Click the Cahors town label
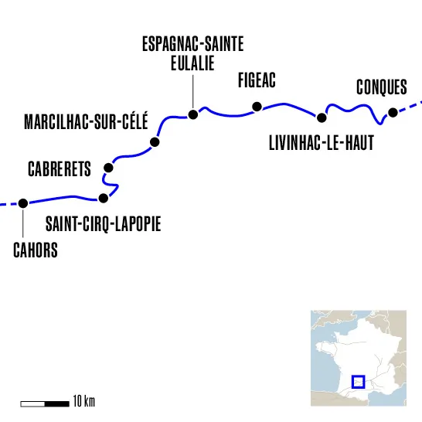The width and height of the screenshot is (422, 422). [36, 250]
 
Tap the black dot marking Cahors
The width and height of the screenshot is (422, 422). [23, 203]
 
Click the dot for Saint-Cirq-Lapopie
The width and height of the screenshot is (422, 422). [104, 198]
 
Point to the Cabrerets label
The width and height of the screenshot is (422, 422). [60, 168]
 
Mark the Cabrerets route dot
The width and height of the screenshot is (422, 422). [108, 168]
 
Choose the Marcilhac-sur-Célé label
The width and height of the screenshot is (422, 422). [86, 122]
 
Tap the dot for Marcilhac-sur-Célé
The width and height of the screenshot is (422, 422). [155, 143]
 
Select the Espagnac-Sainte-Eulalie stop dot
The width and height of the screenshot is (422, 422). [193, 115]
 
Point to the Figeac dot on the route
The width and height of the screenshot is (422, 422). [257, 107]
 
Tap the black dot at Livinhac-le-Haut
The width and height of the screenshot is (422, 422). [322, 117]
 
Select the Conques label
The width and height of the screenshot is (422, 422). [382, 87]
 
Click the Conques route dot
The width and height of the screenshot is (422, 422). [393, 113]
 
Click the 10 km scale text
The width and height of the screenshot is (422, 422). [83, 403]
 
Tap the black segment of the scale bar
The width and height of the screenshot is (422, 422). [57, 403]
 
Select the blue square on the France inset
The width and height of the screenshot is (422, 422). [358, 381]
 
